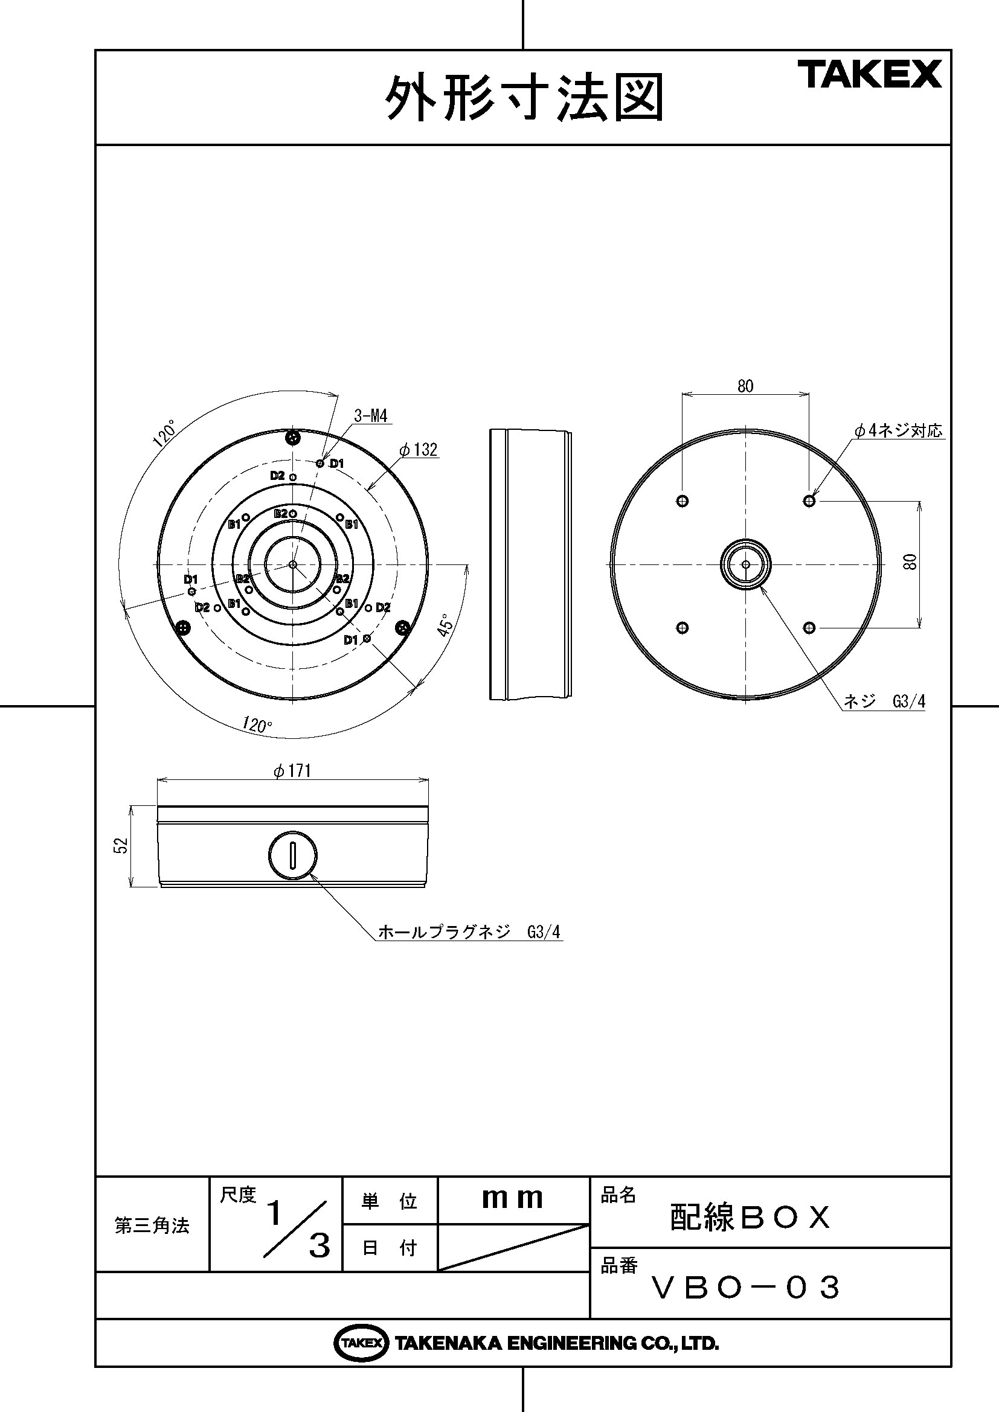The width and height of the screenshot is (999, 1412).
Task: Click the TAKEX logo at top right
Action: click(870, 74)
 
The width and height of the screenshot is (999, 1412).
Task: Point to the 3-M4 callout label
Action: click(371, 416)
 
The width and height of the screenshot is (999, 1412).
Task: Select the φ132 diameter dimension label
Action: click(419, 450)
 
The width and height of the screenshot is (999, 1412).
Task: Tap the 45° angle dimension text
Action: click(448, 624)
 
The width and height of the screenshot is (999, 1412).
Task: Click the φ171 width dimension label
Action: click(293, 771)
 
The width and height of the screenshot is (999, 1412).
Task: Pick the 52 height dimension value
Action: click(122, 845)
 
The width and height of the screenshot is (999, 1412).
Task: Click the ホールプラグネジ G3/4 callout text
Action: click(469, 931)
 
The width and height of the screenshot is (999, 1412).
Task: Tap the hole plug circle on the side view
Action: click(293, 855)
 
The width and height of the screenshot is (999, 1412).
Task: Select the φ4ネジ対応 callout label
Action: click(898, 430)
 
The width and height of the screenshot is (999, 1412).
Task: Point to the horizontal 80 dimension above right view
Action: click(745, 386)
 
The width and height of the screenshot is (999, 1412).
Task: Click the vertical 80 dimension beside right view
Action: click(911, 561)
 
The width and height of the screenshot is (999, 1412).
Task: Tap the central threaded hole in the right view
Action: click(745, 564)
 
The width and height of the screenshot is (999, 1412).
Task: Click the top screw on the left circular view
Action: click(294, 438)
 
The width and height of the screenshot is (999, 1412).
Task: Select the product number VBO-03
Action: click(746, 1287)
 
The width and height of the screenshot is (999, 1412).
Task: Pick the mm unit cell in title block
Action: click(512, 1199)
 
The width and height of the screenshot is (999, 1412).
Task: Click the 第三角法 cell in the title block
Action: click(152, 1225)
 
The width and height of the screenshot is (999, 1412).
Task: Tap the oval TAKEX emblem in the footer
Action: click(361, 1344)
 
